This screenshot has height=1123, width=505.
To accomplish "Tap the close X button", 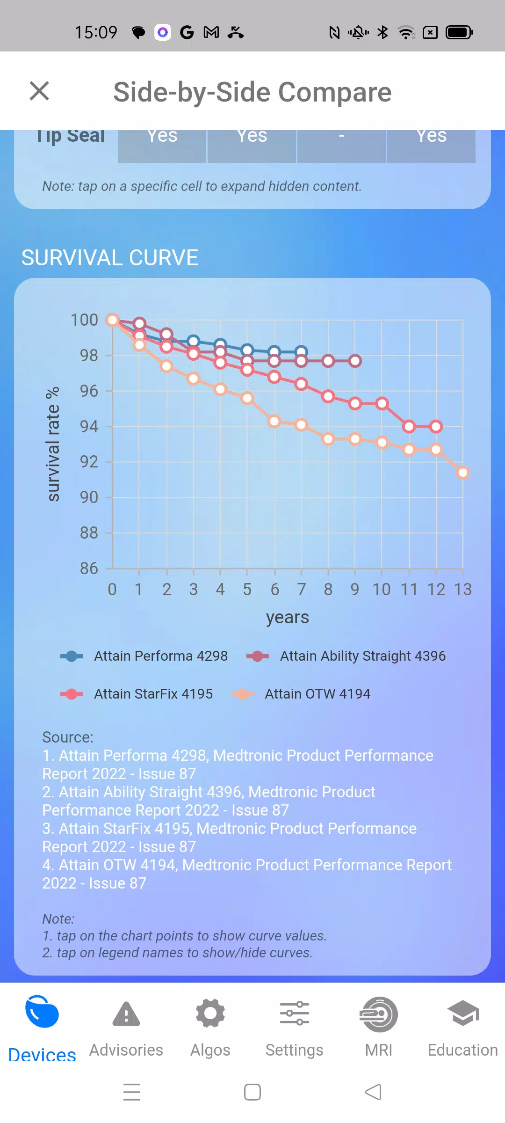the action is pyautogui.click(x=39, y=91).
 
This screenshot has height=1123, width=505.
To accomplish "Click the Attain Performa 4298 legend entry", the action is pyautogui.click(x=144, y=656).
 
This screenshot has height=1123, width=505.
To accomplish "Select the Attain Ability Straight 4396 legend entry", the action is pyautogui.click(x=346, y=656).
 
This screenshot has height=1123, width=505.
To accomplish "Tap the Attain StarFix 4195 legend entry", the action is pyautogui.click(x=137, y=694).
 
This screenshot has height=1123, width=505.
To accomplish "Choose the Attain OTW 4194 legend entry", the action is pyautogui.click(x=301, y=694).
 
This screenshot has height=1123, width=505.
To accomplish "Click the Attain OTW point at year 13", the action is pyautogui.click(x=463, y=473).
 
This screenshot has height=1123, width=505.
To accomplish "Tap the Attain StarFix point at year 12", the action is pyautogui.click(x=436, y=426).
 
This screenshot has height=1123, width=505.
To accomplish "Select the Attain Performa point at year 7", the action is pyautogui.click(x=301, y=351).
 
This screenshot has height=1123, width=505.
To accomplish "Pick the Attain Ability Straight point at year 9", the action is pyautogui.click(x=355, y=361).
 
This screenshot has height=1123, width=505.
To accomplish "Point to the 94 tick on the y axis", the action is pyautogui.click(x=89, y=426).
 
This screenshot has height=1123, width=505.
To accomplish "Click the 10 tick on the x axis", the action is pyautogui.click(x=382, y=590).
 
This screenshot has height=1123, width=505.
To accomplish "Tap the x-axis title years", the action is pyautogui.click(x=288, y=618).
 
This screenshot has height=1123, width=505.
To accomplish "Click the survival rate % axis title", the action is pyautogui.click(x=53, y=444).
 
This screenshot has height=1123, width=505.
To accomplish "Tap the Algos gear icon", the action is pyautogui.click(x=210, y=1014).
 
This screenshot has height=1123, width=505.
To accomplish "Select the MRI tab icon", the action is pyautogui.click(x=379, y=1014).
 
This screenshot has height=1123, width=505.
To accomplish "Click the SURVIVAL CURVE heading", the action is pyautogui.click(x=110, y=258).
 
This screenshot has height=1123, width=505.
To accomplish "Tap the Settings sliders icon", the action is pyautogui.click(x=295, y=1014).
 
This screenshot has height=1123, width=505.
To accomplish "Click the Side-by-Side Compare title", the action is pyautogui.click(x=252, y=92).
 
